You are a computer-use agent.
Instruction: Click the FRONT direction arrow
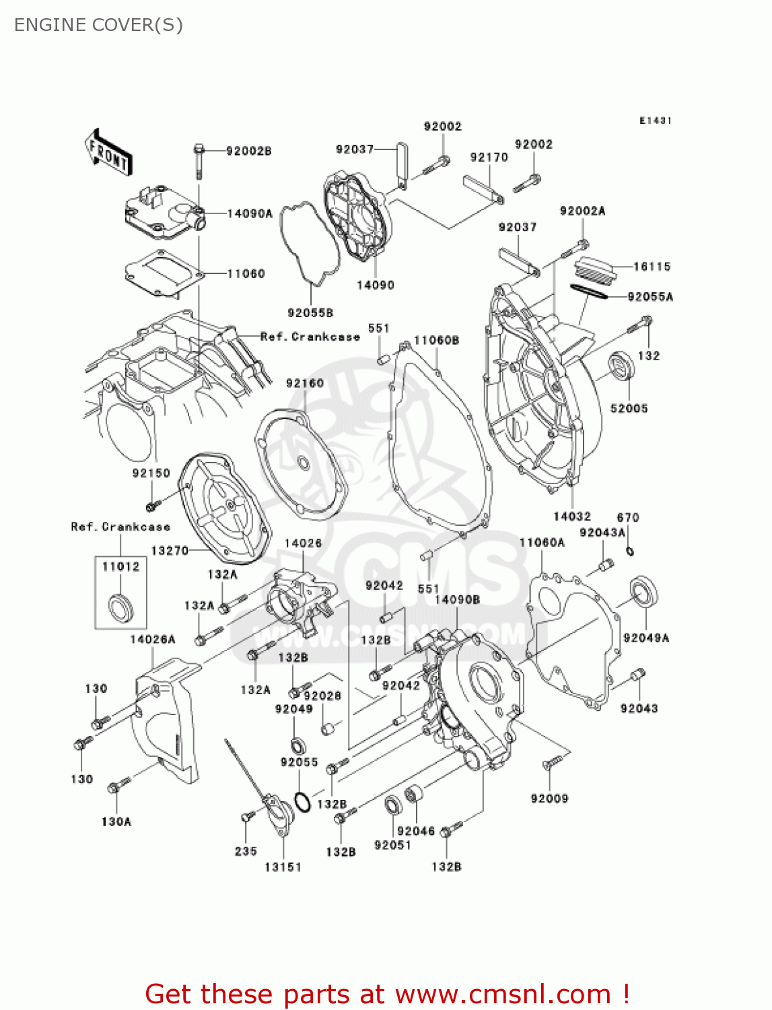point(108,153)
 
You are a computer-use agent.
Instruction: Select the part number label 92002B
point(248,151)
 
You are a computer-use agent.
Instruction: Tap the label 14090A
point(250,214)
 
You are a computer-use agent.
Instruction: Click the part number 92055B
point(310,313)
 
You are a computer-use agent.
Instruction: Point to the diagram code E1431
point(655,121)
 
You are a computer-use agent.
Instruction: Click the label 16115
point(652,267)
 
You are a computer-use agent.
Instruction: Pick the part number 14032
point(571,516)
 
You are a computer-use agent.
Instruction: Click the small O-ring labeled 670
point(630,551)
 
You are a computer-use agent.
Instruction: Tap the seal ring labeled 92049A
point(643,592)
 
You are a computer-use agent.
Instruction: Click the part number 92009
point(549,799)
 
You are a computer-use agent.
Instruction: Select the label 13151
point(283,867)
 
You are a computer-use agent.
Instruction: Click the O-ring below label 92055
point(303,802)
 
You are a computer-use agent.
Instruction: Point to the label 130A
point(116,821)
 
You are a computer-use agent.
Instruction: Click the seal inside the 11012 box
point(121,607)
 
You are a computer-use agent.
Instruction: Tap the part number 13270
point(169,551)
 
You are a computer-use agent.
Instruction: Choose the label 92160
point(304,383)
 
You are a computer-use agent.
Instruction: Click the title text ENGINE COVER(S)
point(98,25)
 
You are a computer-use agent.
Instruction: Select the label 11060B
point(436,341)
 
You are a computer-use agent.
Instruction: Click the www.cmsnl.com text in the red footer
point(502,995)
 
